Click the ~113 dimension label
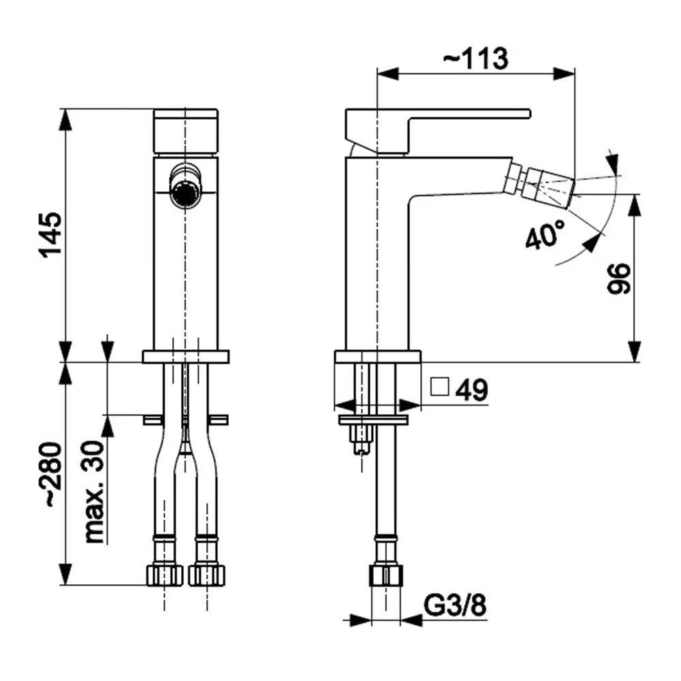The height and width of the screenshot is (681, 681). [x=475, y=59]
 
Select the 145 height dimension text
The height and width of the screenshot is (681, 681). [x=51, y=235]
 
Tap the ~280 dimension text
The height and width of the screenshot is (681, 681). [x=51, y=474]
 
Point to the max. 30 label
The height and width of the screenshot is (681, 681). [x=94, y=492]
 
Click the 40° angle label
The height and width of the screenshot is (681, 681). [x=545, y=234]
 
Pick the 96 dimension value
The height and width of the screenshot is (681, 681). [x=618, y=279]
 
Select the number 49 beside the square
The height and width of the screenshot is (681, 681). [x=472, y=390]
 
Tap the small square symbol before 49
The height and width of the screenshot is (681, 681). [x=439, y=386]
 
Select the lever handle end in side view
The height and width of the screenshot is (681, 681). [x=526, y=113]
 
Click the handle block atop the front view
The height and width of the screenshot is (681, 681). [x=186, y=131]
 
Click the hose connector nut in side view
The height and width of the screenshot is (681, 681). [x=386, y=576]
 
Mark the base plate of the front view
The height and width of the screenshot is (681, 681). [x=186, y=357]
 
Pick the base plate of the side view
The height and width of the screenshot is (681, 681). [x=378, y=356]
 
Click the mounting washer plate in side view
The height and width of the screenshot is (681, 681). [x=373, y=420]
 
